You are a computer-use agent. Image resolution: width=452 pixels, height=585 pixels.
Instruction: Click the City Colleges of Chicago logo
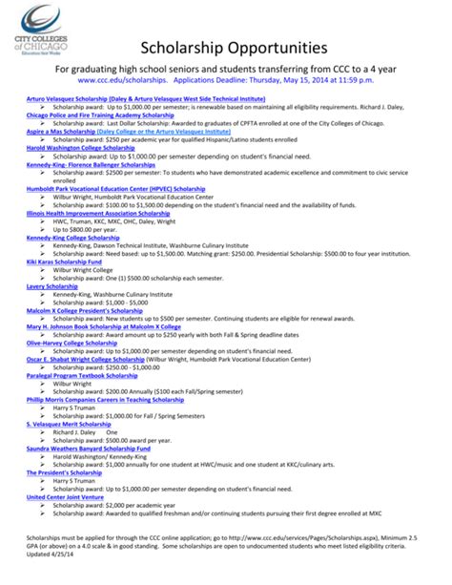pos(45,31)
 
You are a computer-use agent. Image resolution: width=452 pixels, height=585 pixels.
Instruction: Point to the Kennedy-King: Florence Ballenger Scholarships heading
pos(91,164)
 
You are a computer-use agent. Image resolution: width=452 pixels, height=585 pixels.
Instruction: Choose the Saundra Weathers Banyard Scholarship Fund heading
pos(89,447)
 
